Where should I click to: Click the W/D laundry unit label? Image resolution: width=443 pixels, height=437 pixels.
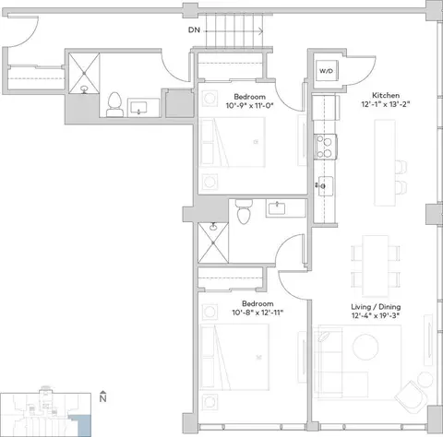(326, 71)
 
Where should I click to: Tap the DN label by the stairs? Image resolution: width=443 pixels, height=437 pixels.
(194, 30)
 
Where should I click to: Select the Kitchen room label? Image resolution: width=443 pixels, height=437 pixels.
(386, 95)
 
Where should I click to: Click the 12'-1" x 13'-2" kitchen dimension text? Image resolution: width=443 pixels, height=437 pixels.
(386, 104)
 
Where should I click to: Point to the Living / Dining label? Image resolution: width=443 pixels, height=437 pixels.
(376, 307)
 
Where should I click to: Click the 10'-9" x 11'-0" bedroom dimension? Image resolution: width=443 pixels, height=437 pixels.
(250, 106)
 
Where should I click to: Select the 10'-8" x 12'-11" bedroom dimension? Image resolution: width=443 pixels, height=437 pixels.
(257, 313)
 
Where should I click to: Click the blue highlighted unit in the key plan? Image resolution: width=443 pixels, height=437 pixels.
(81, 425)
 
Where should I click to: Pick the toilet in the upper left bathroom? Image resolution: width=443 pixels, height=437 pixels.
(114, 104)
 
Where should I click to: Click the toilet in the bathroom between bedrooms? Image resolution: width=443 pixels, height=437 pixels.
(244, 211)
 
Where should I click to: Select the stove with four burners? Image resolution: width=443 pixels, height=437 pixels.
(326, 147)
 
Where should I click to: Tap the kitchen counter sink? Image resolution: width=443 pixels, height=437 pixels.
(326, 186)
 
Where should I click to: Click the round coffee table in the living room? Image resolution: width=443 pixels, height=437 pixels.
(365, 347)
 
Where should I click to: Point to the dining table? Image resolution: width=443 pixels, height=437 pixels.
(375, 266)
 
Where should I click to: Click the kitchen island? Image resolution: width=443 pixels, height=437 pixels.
(385, 162)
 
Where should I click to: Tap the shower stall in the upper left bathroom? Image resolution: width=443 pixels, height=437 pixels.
(84, 73)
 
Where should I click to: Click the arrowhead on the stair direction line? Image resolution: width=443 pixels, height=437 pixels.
(261, 31)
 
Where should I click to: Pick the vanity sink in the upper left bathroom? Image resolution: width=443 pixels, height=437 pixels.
(139, 108)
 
